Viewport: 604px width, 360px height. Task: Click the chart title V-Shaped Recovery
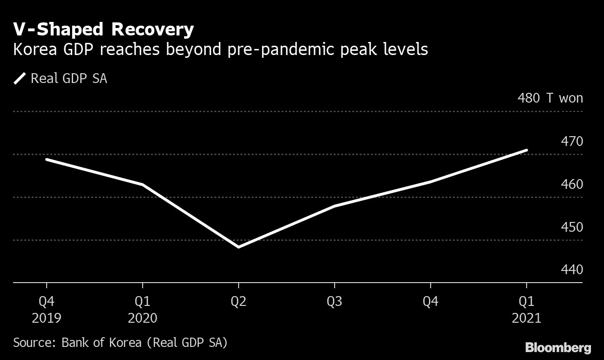coord(103,30)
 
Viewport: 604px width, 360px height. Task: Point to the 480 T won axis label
coord(550,98)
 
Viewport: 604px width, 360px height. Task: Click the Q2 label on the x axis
coord(238,301)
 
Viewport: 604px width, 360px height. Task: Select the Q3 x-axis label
coord(334,301)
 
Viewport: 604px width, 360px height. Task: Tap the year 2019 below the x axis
coord(46,318)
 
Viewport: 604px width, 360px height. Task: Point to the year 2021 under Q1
coord(526,318)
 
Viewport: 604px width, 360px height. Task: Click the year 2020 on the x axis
coord(142,318)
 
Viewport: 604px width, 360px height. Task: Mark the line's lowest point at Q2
coord(238,247)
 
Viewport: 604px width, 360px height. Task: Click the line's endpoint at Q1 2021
coord(526,150)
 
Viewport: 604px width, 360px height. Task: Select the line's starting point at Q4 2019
coord(46,159)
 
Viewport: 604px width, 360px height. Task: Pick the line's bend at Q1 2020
coord(142,185)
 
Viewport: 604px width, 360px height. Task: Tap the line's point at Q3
coord(334,206)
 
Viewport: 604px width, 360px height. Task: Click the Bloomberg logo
coord(558,347)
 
